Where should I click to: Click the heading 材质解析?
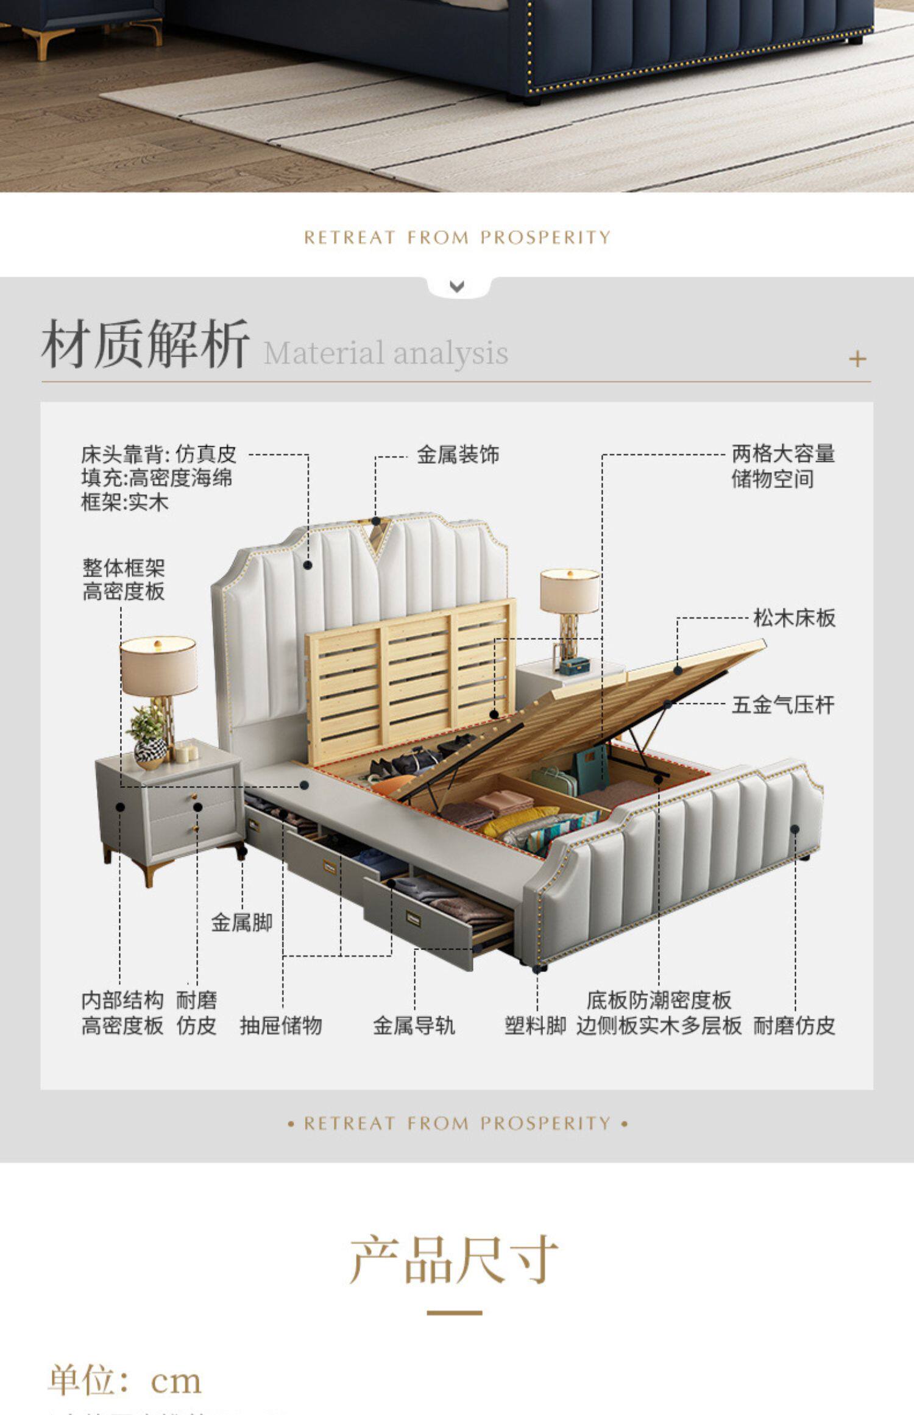tap(145, 344)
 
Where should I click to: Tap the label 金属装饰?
tap(458, 455)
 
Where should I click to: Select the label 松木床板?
tap(793, 618)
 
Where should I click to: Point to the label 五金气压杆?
tap(782, 705)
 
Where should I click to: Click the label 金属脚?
tap(241, 922)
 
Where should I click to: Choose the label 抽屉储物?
tap(280, 1026)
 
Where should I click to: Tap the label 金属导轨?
tap(414, 1026)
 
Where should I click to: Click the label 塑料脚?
tap(535, 1026)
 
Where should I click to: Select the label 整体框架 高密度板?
tap(124, 580)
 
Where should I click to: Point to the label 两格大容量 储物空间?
tap(782, 466)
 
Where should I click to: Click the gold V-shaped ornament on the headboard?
tap(377, 536)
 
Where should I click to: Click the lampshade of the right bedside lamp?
tap(570, 590)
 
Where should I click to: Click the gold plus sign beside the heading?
tap(857, 359)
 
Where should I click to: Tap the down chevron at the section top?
tap(457, 286)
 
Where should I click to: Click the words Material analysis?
tap(386, 353)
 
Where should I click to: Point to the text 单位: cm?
tap(125, 1380)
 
